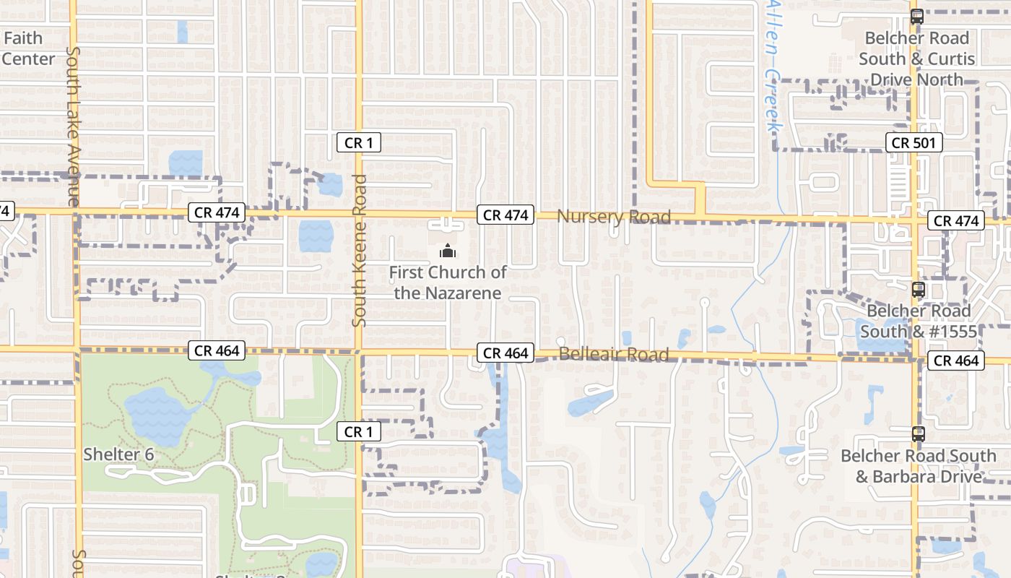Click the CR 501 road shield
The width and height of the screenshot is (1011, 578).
[914, 143]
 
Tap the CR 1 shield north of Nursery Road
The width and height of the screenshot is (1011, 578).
[358, 143]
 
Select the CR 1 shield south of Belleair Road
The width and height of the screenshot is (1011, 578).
[358, 432]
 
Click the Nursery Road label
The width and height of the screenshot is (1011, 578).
[614, 216]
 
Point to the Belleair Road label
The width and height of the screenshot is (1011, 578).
[614, 355]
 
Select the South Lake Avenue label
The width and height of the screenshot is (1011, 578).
[73, 126]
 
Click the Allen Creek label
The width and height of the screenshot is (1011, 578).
[773, 65]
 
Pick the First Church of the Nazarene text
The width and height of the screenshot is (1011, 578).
[448, 282]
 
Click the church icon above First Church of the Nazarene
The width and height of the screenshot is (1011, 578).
[448, 251]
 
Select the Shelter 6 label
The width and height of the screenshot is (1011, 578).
[118, 454]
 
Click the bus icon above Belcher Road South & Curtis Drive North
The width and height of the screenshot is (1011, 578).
[916, 16]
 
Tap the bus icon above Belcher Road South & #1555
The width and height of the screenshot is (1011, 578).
[918, 290]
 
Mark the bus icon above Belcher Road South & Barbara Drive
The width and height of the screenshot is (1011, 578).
[918, 434]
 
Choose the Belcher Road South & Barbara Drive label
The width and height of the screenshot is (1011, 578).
[919, 466]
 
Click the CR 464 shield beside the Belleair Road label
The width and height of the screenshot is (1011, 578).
[505, 353]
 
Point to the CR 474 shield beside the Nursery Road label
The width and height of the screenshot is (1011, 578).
[505, 215]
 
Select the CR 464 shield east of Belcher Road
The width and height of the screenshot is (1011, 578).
[956, 361]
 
